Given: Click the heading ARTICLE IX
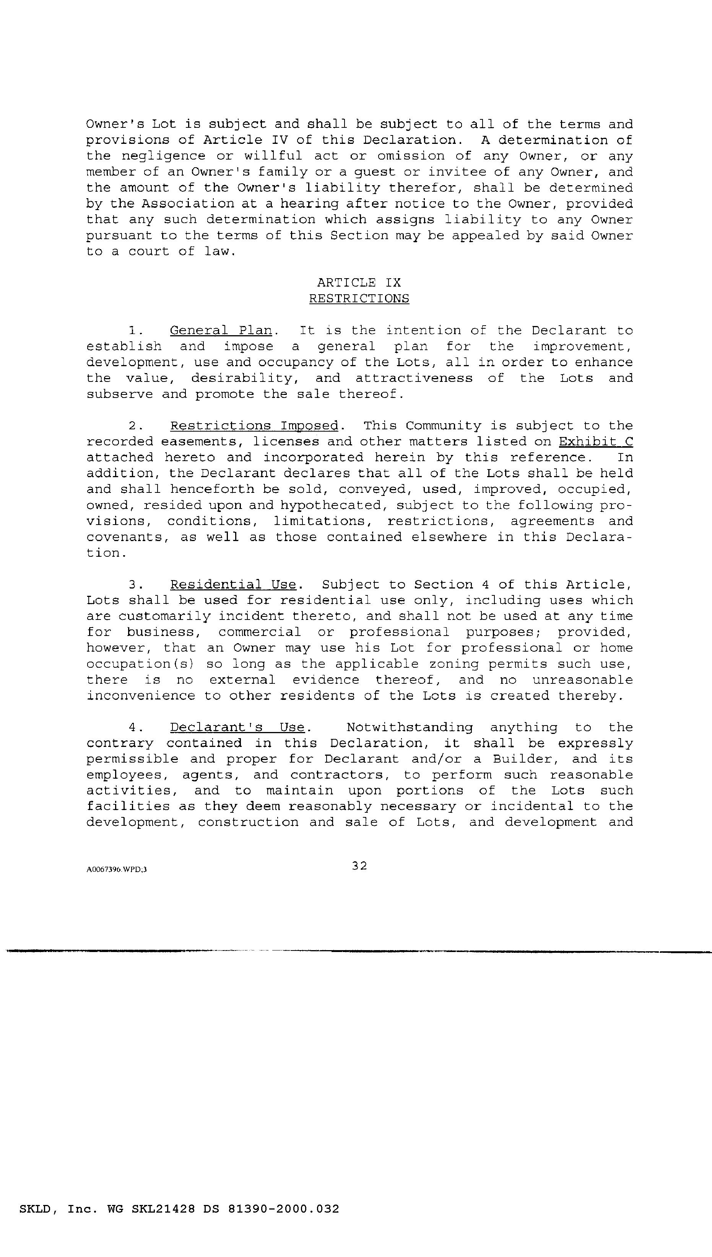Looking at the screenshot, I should pyautogui.click(x=359, y=283).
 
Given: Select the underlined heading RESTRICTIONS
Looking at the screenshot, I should pyautogui.click(x=359, y=298).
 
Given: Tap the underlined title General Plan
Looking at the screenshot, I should pyautogui.click(x=221, y=330).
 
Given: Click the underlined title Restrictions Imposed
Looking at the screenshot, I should pyautogui.click(x=254, y=426).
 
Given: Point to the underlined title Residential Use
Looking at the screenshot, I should pyautogui.click(x=233, y=585).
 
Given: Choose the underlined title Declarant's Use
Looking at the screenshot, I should pyautogui.click(x=238, y=727).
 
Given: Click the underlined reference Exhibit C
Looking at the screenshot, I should pyautogui.click(x=596, y=441).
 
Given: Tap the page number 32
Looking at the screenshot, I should pyautogui.click(x=359, y=866).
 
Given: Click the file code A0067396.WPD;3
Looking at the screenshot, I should pyautogui.click(x=116, y=869).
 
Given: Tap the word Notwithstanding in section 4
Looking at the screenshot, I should pyautogui.click(x=410, y=727).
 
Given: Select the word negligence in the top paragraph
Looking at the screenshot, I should pyautogui.click(x=163, y=156).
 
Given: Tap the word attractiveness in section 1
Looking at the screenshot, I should pyautogui.click(x=414, y=378).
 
